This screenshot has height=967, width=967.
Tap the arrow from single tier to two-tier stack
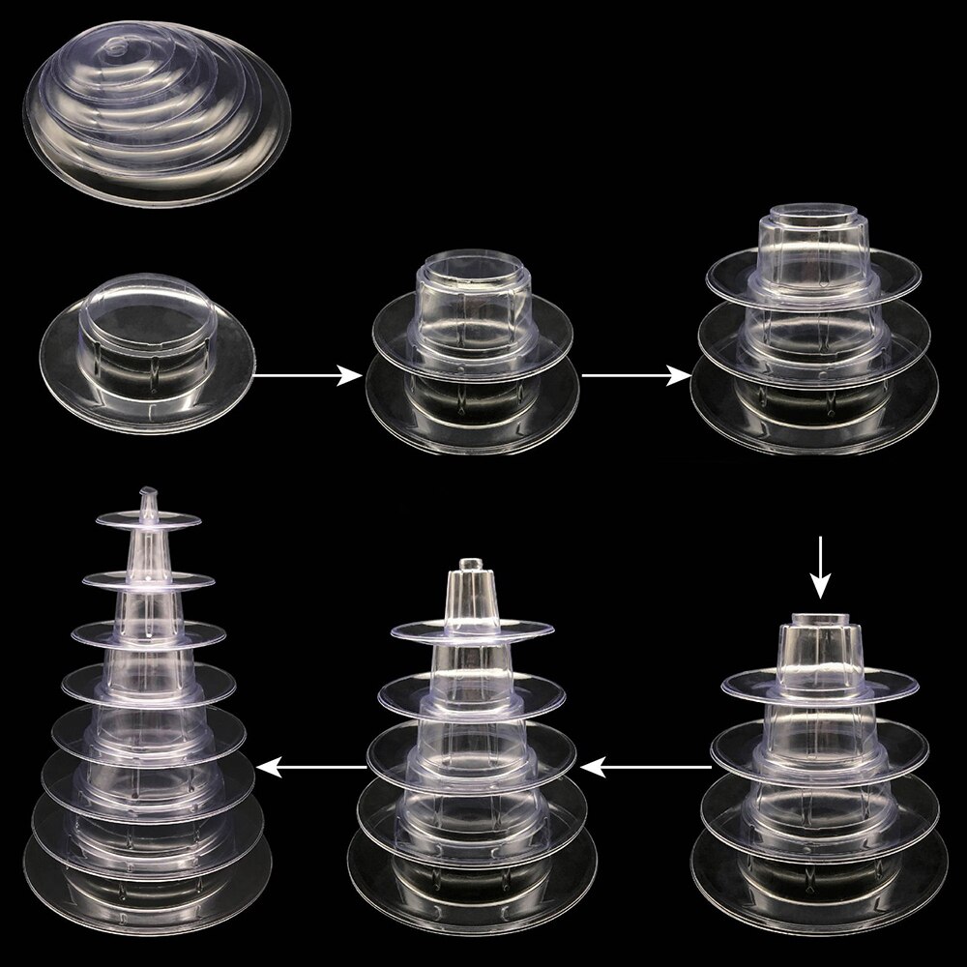tap(305, 375)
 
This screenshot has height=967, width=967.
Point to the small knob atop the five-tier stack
tap(470, 564)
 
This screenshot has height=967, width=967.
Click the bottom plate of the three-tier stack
tap(814, 416)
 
